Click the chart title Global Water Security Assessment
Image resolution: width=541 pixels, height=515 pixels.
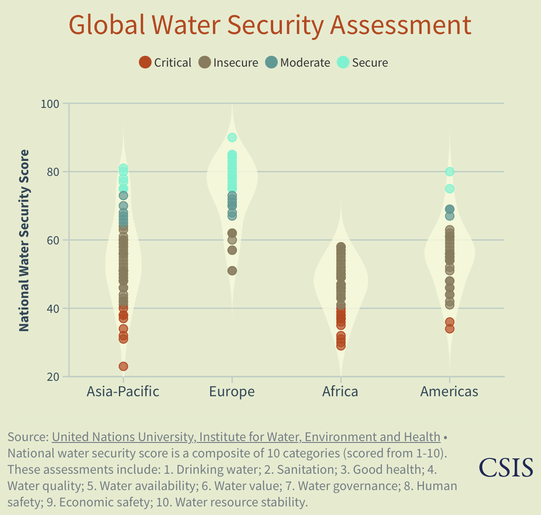tap(270, 25)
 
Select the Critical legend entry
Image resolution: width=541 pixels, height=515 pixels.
tap(165, 63)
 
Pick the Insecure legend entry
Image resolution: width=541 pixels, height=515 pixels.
tap(229, 63)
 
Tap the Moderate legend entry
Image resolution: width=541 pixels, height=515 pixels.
tap(298, 63)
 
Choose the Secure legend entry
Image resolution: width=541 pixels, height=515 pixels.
tap(363, 63)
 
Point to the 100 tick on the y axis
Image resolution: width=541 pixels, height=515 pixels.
tap(50, 104)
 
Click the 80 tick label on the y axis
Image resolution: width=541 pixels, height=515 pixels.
tap(53, 172)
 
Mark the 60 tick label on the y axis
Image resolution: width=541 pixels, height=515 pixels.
tap(53, 240)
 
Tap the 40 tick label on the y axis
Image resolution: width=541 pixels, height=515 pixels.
tap(53, 309)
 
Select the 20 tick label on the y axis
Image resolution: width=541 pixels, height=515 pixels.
tap(53, 377)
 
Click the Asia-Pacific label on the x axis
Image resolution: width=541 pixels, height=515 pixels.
tap(123, 391)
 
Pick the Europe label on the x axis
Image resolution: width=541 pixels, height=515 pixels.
tap(232, 391)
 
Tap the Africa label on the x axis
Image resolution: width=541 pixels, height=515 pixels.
tap(340, 391)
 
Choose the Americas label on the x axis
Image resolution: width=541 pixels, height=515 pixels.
tap(449, 391)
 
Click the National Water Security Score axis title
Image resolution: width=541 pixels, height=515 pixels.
tap(24, 240)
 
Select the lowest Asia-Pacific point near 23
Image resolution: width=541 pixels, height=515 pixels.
tap(123, 366)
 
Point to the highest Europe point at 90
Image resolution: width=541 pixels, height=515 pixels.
tap(232, 137)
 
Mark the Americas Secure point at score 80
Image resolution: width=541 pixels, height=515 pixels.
tap(450, 172)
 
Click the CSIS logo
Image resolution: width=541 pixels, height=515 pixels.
tap(506, 467)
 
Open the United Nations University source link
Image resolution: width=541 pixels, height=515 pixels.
tap(246, 437)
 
